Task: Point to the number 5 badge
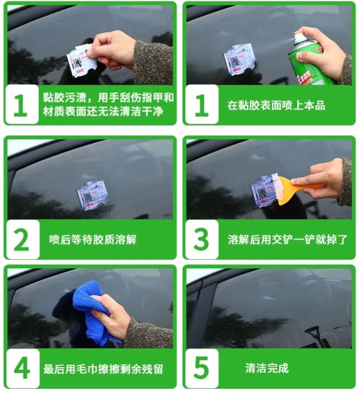201,369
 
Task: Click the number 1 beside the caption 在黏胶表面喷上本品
201,105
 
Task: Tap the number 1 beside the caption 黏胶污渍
21,105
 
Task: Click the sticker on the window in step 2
91,195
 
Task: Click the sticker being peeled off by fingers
79,60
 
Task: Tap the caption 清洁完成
267,369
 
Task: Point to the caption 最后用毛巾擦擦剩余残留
103,369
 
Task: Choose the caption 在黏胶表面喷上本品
276,105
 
